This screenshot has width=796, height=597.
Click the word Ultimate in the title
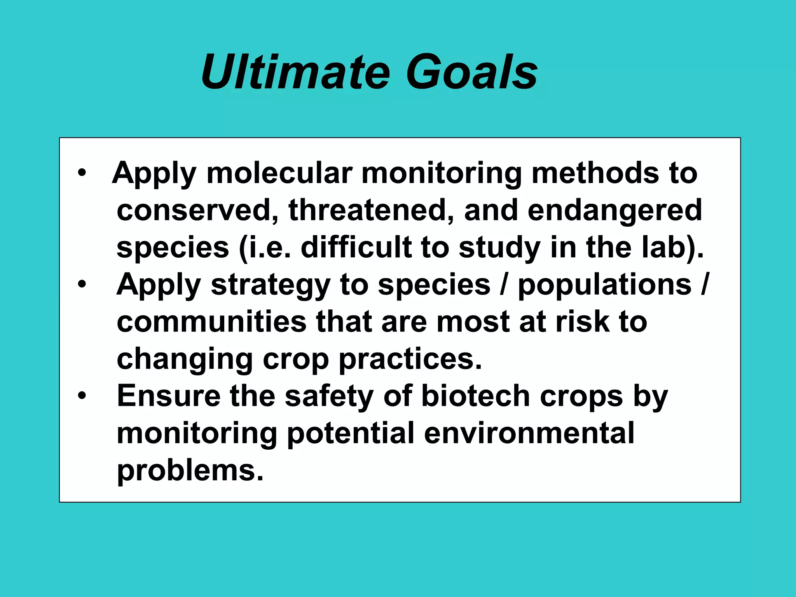click(295, 73)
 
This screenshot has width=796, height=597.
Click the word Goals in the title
click(472, 73)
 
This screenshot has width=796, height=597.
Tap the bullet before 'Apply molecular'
click(82, 173)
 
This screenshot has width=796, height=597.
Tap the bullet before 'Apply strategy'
click(82, 285)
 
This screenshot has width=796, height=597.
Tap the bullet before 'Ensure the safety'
click(82, 396)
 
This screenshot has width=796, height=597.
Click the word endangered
click(614, 210)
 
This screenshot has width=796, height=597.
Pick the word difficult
click(356, 248)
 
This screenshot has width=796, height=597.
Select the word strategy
click(271, 285)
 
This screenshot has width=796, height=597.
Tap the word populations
click(605, 285)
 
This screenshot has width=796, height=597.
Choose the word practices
click(410, 359)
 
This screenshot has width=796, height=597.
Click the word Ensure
click(169, 396)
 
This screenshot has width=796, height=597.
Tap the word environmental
click(529, 433)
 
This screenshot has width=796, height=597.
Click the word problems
click(190, 471)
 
